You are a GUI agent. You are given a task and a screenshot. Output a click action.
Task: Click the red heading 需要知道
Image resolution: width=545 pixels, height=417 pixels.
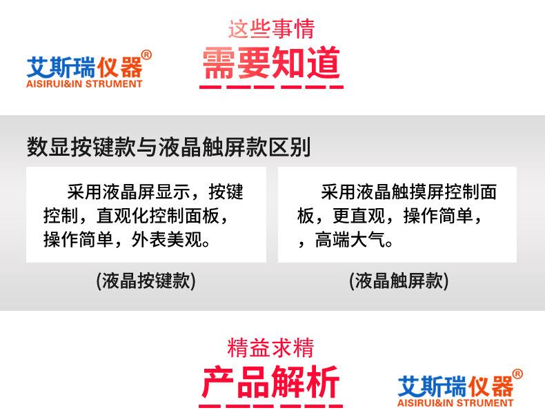[271, 63]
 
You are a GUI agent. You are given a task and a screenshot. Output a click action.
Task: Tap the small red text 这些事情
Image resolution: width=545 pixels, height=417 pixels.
[271, 29]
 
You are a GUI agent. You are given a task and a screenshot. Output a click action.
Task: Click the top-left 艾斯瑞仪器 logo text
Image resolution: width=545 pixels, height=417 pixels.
[83, 68]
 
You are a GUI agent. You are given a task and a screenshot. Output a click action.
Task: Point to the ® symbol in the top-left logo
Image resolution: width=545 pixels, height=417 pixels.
[146, 55]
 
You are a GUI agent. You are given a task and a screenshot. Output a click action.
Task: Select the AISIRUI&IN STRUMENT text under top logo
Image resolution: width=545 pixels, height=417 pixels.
[83, 84]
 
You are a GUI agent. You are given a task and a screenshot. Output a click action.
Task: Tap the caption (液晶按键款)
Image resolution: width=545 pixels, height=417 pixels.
[146, 281]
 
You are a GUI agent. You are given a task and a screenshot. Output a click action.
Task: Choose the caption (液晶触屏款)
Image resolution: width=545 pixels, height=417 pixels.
[399, 281]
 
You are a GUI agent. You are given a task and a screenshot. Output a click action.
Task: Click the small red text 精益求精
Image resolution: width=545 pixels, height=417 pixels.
[271, 347]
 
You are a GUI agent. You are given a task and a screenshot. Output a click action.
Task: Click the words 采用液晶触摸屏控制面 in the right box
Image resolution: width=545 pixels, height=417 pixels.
[408, 192]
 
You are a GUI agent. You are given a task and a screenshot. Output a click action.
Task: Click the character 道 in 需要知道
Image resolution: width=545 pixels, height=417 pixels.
[323, 63]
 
